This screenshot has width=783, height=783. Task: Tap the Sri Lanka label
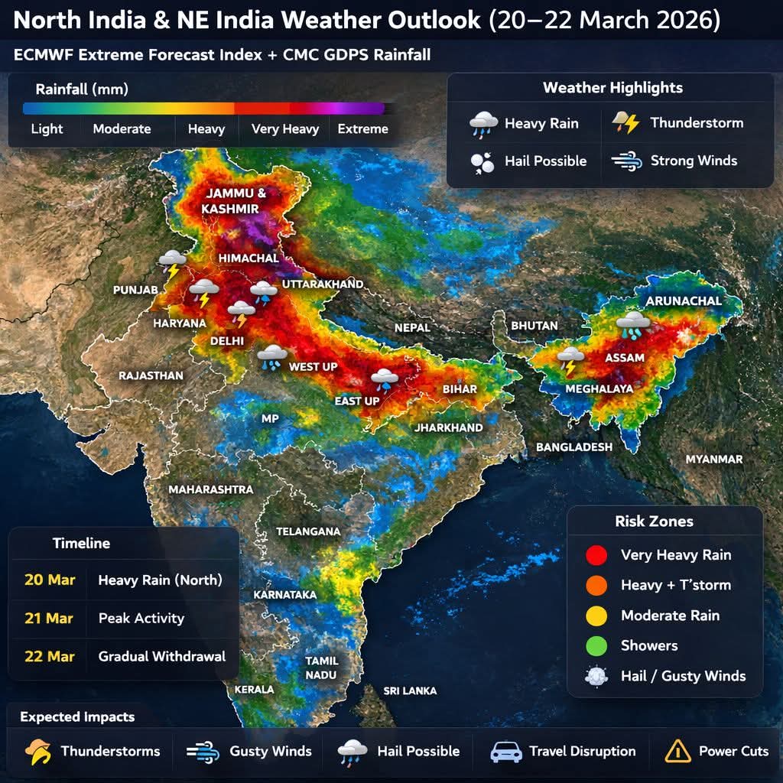(410, 690)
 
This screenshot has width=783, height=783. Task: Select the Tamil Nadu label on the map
(321, 668)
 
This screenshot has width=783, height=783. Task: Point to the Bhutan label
(534, 326)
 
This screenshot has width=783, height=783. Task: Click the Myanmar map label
(713, 459)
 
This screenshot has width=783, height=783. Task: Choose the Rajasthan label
(151, 375)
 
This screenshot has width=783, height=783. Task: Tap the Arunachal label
(683, 301)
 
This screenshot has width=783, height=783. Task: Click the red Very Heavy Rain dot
(595, 555)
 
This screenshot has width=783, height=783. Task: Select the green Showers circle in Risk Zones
(595, 645)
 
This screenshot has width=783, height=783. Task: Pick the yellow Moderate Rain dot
(595, 616)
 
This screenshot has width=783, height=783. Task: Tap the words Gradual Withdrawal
(161, 656)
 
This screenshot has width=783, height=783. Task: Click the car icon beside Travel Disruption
(505, 751)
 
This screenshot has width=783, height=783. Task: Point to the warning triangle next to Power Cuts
(677, 751)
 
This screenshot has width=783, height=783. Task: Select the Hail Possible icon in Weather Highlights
(482, 161)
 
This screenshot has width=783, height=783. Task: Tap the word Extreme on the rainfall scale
(362, 128)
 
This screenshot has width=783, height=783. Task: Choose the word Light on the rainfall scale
(47, 128)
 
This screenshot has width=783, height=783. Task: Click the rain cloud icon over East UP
(384, 379)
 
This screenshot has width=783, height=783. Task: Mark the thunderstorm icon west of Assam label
(570, 359)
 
